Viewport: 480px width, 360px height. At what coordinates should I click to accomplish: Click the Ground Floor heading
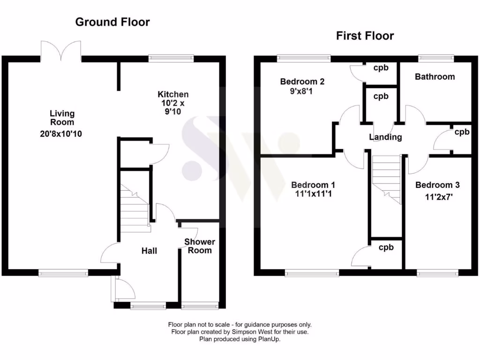click(x=112, y=22)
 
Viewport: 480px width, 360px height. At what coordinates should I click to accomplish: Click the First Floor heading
click(x=365, y=36)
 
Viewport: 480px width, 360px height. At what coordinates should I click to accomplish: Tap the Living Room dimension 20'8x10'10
click(x=62, y=134)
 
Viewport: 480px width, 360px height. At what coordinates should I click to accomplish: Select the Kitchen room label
click(x=173, y=95)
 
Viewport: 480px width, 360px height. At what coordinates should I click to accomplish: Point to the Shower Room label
click(x=199, y=246)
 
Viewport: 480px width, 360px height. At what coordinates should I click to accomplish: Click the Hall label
click(x=149, y=251)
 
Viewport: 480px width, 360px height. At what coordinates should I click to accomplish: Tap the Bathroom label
click(x=435, y=76)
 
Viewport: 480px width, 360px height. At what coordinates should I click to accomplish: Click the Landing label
click(x=385, y=137)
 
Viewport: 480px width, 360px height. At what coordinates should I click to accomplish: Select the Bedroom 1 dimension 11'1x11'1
click(x=313, y=194)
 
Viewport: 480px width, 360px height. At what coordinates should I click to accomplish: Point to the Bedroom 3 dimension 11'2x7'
click(x=435, y=197)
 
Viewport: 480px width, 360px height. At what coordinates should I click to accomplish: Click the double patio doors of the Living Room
click(x=61, y=51)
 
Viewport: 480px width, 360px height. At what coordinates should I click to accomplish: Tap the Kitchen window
click(x=171, y=58)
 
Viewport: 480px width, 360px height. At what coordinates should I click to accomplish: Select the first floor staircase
click(x=387, y=178)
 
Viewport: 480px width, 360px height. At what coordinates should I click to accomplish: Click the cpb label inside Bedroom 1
click(x=386, y=247)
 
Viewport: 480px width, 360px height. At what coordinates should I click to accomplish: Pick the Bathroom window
click(x=436, y=58)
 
